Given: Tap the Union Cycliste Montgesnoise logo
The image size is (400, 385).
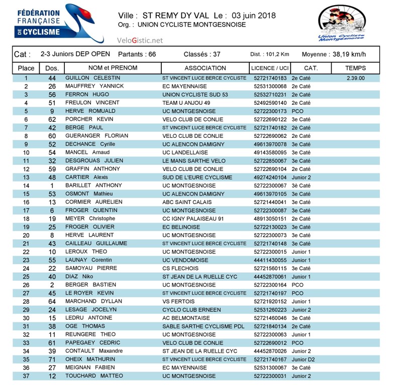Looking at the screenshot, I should pyautogui.click(x=342, y=23).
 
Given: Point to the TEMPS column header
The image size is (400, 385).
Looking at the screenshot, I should pyautogui.click(x=355, y=68).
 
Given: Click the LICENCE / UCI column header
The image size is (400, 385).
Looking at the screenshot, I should pyautogui.click(x=269, y=68).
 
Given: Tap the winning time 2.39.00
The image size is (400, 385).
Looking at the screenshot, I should pyautogui.click(x=355, y=78).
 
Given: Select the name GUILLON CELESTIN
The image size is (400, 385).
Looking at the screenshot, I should pyautogui.click(x=92, y=78).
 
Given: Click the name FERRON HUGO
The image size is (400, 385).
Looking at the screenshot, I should pyautogui.click(x=87, y=95).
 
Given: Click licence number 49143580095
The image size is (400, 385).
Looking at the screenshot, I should pyautogui.click(x=270, y=152).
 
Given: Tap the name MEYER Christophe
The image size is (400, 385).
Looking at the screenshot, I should pyautogui.click(x=90, y=219).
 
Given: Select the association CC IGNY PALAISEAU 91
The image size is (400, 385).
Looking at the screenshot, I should pyautogui.click(x=193, y=219).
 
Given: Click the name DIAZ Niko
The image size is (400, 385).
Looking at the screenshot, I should pyautogui.click(x=79, y=277).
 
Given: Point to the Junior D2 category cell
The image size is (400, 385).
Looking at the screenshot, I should pyautogui.click(x=303, y=359).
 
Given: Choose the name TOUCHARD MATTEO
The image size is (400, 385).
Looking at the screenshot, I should pyautogui.click(x=94, y=376).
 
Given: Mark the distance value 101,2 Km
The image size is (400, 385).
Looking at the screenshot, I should pyautogui.click(x=277, y=55).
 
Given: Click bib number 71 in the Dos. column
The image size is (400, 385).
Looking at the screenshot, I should pyautogui.click(x=52, y=359).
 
